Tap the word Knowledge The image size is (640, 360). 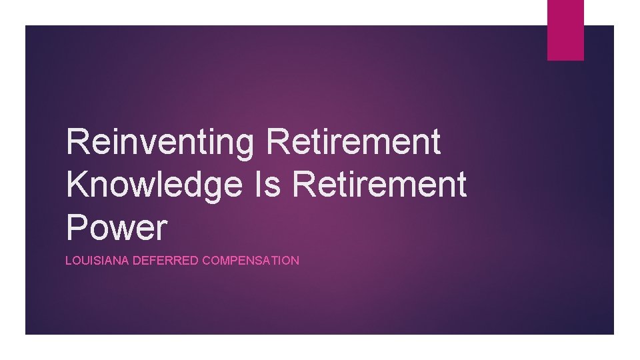(154, 185)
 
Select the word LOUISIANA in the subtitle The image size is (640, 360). (97, 261)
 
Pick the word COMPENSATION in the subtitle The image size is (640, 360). (251, 261)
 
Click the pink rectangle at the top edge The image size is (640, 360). (565, 29)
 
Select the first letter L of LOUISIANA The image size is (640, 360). (68, 261)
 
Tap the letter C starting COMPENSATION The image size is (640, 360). (206, 261)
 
